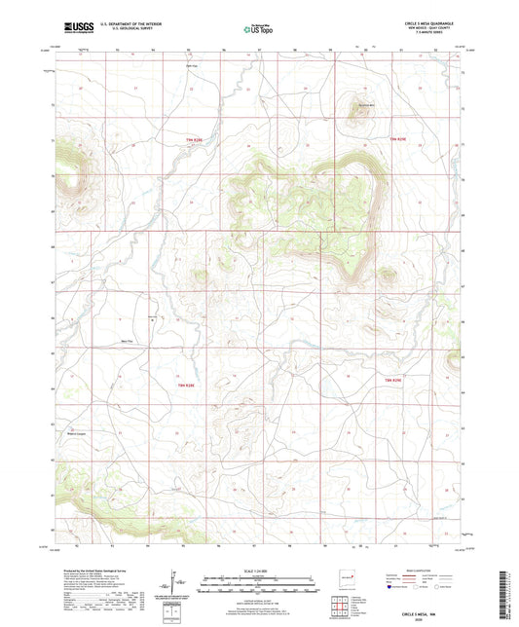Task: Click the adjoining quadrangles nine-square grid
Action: point(340,603)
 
